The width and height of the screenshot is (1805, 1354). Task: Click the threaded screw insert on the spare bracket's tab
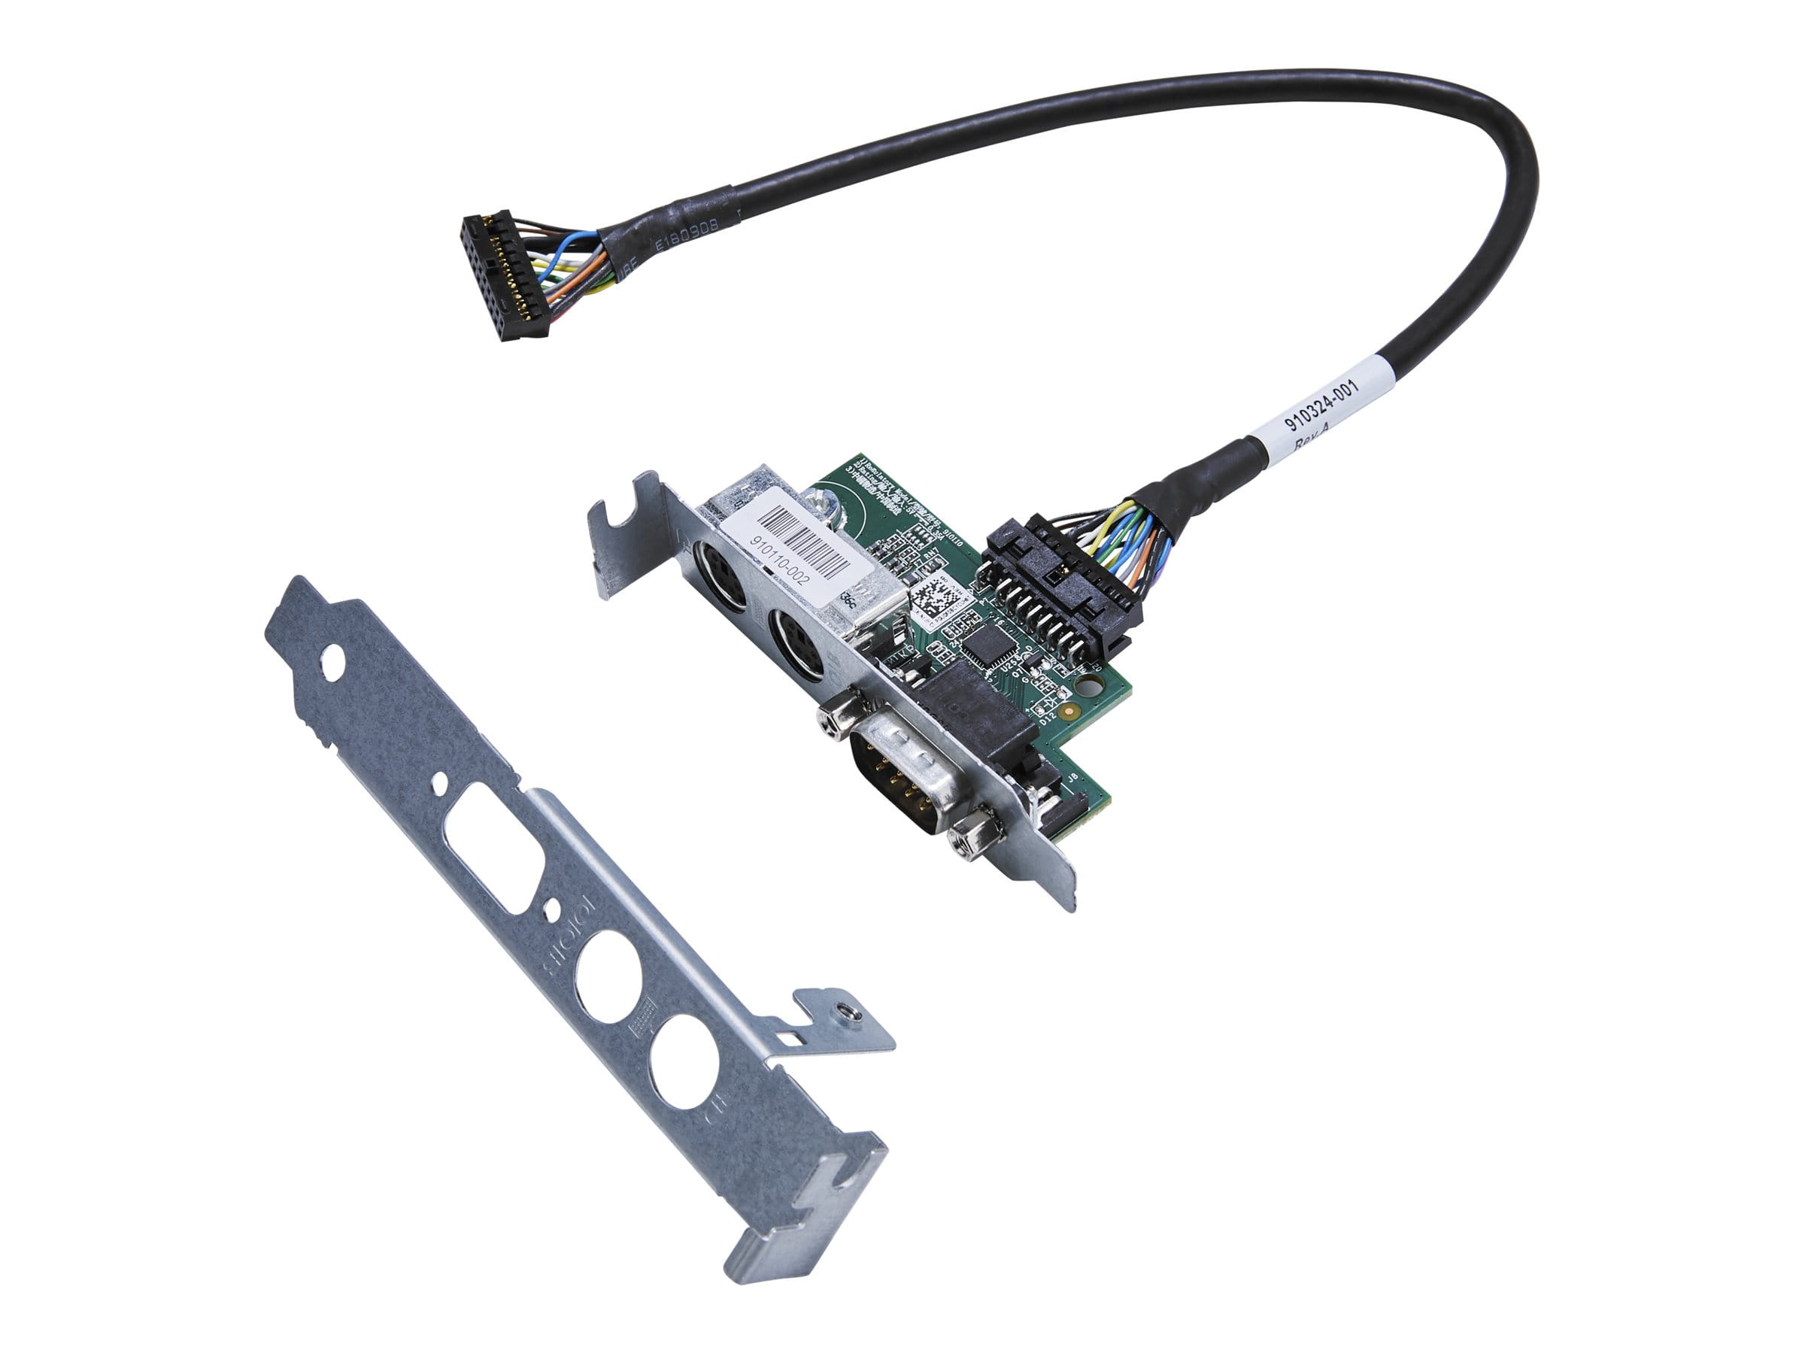click(x=849, y=1014)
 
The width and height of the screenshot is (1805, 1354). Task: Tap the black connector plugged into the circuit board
click(x=1060, y=596)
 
